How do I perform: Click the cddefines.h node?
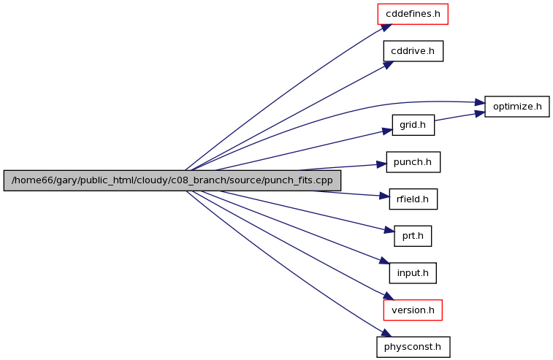point(412,14)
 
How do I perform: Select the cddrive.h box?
point(413,51)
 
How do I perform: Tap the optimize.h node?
point(517,107)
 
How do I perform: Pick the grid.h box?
point(413,125)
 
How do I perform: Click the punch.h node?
point(413,162)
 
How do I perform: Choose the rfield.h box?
point(413,199)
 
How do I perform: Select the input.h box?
point(413,273)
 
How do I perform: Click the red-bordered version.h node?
point(413,310)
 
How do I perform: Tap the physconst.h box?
point(413,346)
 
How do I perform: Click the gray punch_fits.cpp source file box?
point(172,180)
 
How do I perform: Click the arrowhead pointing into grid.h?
point(387,130)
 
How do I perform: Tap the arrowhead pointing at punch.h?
point(381,164)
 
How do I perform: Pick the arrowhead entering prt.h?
point(389,231)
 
